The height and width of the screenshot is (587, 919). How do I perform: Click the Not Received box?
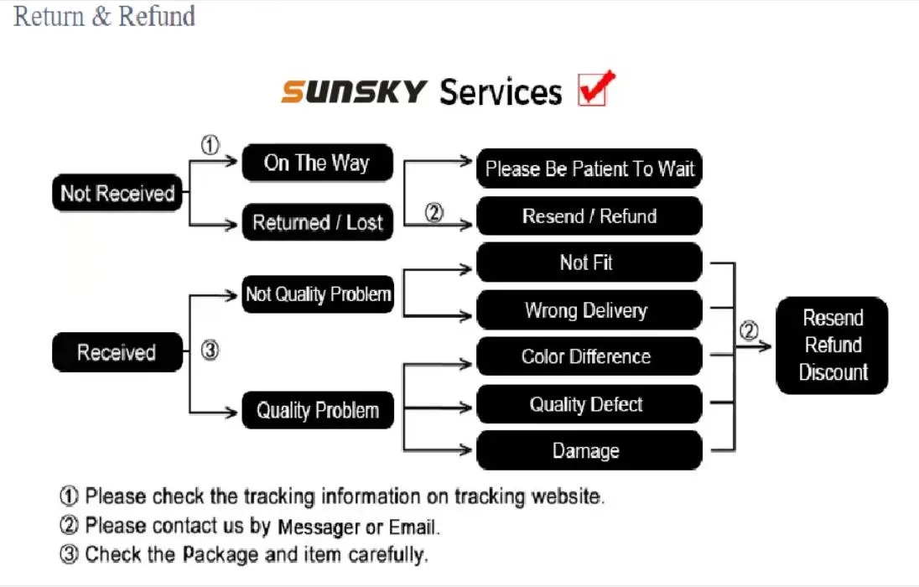117,192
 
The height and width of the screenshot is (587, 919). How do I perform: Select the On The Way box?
317,163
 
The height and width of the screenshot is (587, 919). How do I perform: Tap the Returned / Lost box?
317,221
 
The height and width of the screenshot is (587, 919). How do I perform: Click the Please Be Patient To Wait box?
589,169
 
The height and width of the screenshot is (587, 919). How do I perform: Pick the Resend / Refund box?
589,216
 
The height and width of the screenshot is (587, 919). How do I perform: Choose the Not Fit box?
589,262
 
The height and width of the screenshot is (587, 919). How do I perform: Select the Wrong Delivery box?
589,309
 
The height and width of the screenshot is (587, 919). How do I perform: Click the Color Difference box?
589,356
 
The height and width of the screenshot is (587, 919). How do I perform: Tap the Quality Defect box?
589,404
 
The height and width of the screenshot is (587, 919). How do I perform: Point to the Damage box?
589,450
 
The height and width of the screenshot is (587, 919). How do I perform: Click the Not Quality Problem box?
318,293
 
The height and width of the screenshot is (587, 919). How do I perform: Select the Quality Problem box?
318,410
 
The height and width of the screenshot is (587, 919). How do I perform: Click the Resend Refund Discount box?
832,345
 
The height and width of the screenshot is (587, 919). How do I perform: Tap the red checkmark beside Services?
596,89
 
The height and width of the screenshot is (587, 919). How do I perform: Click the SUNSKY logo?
354,92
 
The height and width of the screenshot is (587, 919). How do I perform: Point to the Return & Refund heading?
104,16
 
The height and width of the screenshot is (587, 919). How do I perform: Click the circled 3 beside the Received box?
210,350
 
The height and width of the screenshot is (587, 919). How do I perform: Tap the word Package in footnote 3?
221,554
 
